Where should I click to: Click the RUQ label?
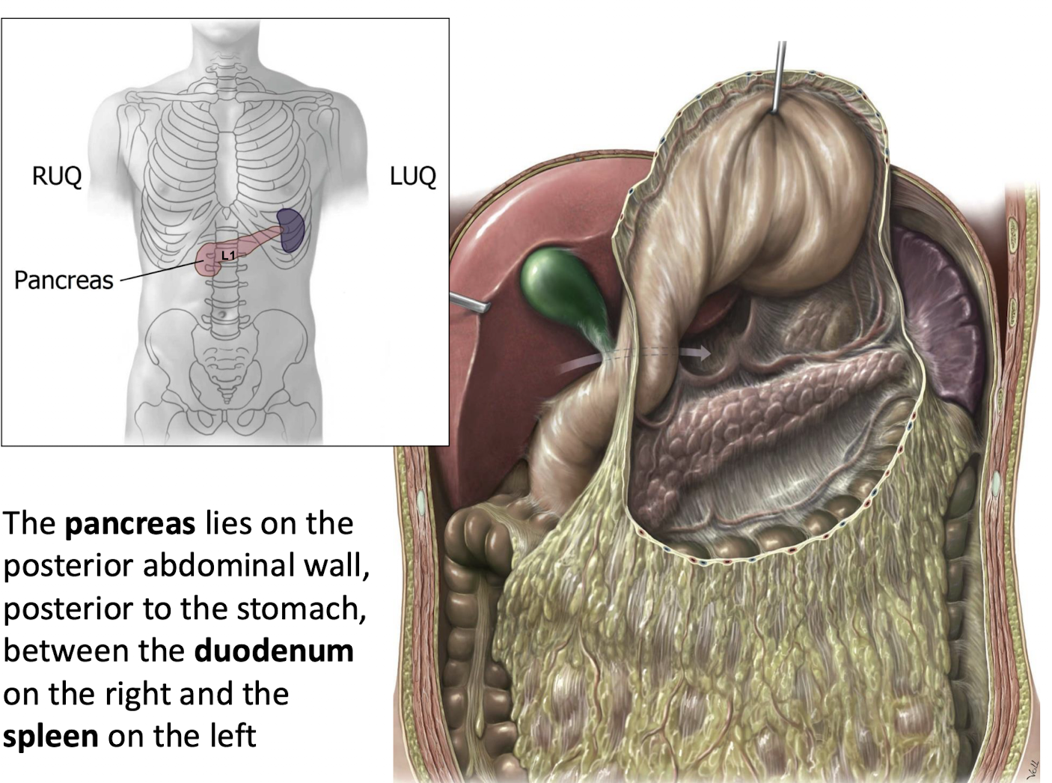click(x=56, y=177)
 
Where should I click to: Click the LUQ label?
click(x=412, y=177)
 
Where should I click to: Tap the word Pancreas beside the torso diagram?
click(x=64, y=280)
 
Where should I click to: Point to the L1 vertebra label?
click(x=228, y=255)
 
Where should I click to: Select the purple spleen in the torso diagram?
click(x=290, y=229)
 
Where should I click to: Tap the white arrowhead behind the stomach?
click(x=701, y=353)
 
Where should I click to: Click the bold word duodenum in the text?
click(x=274, y=651)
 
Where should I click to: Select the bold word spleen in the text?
click(x=51, y=736)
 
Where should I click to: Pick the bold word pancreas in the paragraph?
click(x=130, y=523)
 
